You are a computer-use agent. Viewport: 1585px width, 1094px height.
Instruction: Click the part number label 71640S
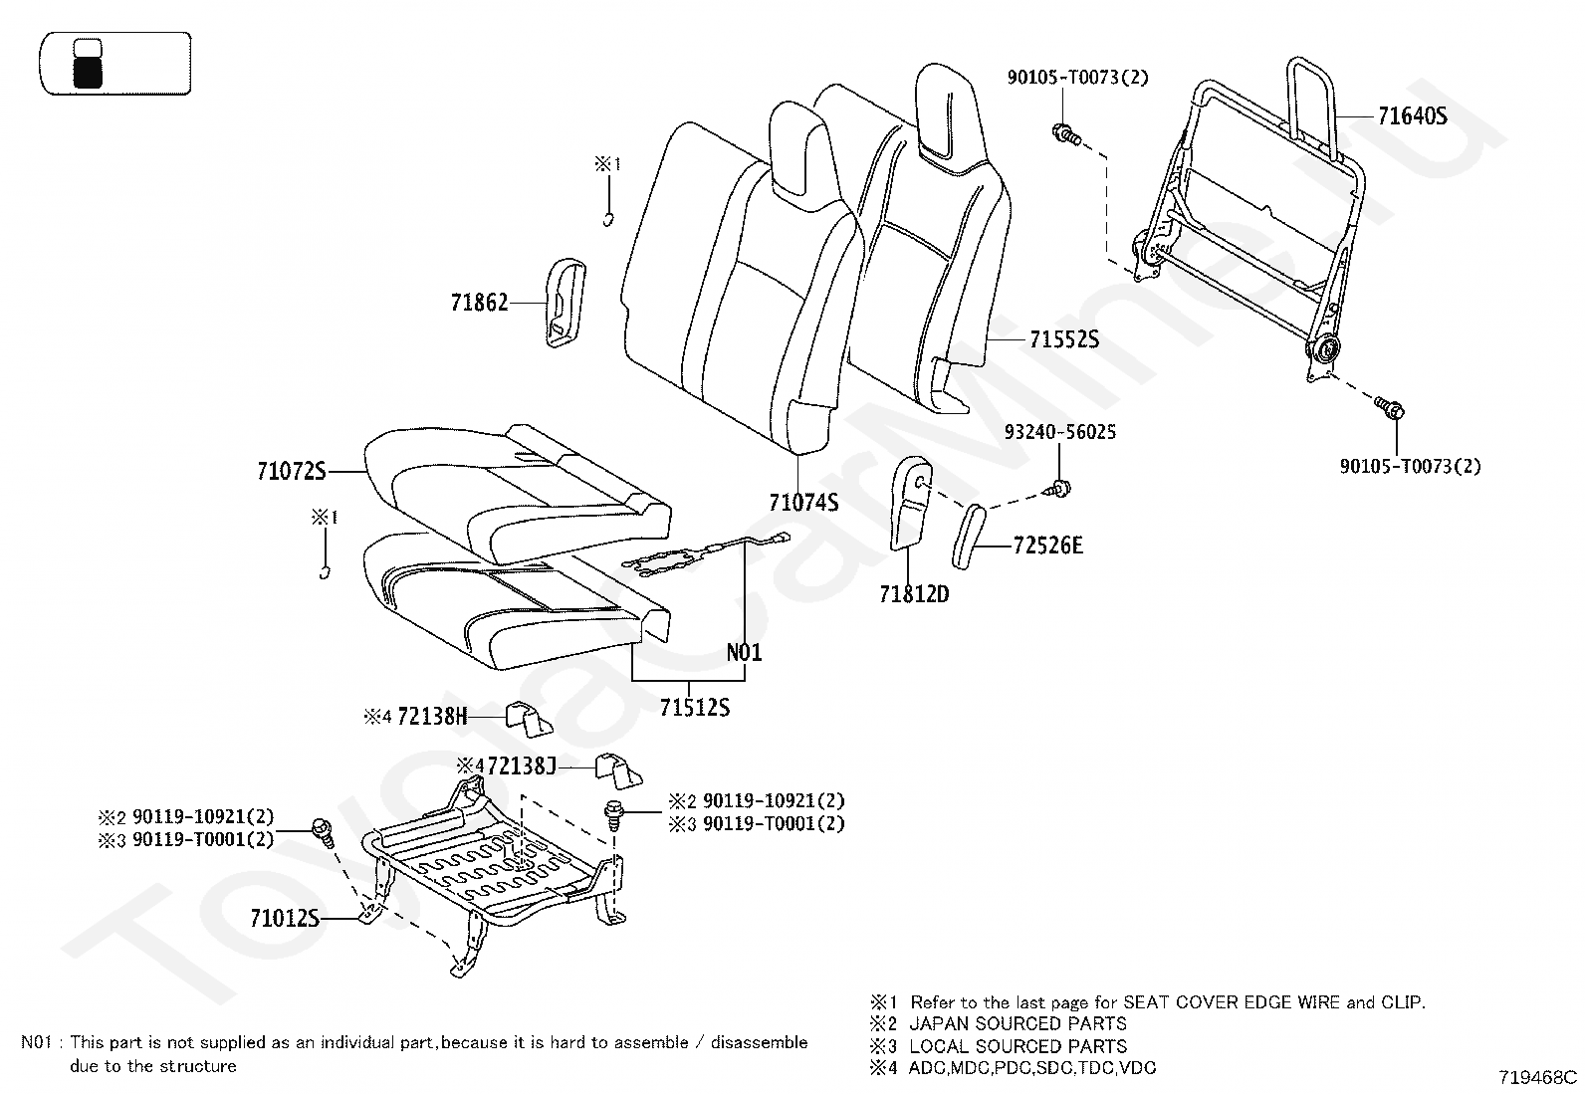click(1412, 116)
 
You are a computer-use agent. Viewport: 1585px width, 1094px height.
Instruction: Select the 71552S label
click(1063, 340)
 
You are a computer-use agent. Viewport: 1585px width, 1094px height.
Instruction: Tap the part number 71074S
click(803, 503)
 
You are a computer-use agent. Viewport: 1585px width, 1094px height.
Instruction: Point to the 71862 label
click(479, 303)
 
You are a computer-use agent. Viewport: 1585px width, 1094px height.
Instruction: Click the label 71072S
click(291, 472)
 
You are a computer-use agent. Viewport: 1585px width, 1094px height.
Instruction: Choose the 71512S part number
click(694, 708)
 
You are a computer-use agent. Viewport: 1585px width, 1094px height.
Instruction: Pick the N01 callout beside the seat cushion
click(744, 653)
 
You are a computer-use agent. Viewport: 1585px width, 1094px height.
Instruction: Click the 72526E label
click(1047, 546)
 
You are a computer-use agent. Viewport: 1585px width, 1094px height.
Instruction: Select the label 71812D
click(914, 594)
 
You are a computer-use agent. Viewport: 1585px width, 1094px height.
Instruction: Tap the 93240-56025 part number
click(1059, 432)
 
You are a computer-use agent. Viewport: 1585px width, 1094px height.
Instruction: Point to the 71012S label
click(285, 918)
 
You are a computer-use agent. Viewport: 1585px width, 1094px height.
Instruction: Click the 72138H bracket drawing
click(529, 718)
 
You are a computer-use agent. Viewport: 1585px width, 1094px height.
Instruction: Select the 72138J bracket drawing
click(618, 769)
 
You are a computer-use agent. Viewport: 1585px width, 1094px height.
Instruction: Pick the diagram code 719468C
click(1538, 1077)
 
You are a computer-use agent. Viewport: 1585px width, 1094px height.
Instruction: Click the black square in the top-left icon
click(88, 72)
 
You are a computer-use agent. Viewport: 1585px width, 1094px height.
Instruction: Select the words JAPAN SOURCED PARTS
click(1018, 1023)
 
